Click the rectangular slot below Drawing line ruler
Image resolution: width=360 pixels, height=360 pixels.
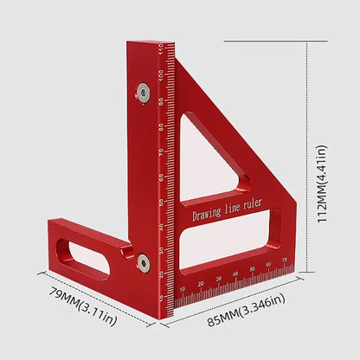point(229,238)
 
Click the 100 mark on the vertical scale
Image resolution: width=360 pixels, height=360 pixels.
point(162,75)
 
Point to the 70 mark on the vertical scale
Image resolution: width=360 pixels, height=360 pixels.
point(162,151)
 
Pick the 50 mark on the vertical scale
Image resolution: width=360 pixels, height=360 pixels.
point(162,201)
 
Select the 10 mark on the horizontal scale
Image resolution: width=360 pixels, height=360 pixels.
point(182,289)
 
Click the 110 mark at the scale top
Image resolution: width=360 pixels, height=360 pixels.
point(162,50)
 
